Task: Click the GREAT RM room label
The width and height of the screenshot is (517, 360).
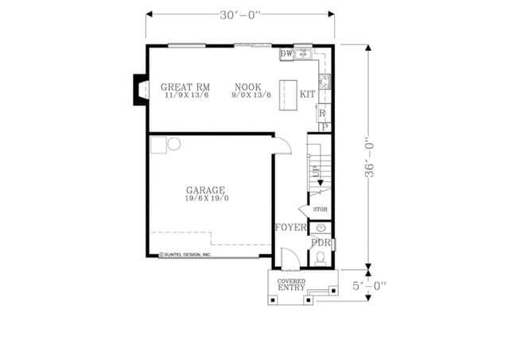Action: (x=185, y=87)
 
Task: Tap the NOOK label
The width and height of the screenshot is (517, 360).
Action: (x=251, y=87)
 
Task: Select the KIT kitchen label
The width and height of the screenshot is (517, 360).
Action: (x=308, y=95)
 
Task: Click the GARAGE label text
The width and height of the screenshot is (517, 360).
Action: (x=206, y=190)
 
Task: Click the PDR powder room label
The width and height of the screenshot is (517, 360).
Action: (x=321, y=242)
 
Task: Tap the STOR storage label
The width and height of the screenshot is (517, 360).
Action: (x=321, y=210)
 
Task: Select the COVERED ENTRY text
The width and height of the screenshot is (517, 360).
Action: (x=291, y=285)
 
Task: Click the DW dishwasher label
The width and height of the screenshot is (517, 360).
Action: (x=286, y=53)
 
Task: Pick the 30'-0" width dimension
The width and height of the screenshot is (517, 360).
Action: (x=239, y=13)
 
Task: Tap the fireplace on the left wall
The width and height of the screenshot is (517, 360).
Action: (x=139, y=88)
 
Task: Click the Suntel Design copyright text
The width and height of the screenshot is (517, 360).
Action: (x=185, y=254)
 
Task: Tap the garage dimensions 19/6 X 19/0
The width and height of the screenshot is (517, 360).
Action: (x=206, y=199)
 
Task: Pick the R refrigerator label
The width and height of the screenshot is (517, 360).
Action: (x=322, y=114)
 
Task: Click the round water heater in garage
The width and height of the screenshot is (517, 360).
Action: (x=174, y=144)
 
